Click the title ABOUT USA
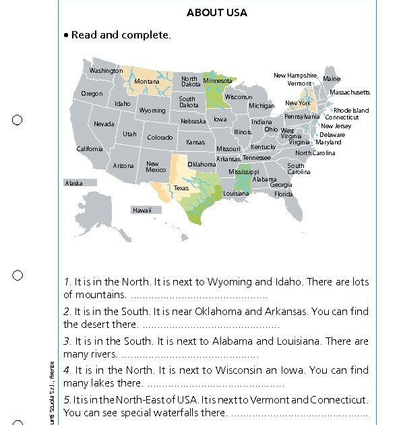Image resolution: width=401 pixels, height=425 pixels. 217,13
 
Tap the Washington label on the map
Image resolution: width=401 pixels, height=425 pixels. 106,71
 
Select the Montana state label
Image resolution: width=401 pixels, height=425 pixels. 147,82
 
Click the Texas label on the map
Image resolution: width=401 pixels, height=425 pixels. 181,188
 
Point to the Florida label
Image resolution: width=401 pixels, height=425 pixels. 284,194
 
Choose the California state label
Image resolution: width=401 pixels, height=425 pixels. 90,149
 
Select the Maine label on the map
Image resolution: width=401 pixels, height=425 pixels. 332,79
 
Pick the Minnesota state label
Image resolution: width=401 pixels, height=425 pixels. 218,81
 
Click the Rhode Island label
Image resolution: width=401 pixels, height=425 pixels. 351,110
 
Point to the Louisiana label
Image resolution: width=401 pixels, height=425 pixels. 236,194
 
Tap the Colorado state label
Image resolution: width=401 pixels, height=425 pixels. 160,138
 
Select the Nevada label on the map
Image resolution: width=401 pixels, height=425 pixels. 104,124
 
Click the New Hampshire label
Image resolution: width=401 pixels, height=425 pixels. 295,76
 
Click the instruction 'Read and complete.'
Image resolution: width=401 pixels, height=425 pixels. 121,35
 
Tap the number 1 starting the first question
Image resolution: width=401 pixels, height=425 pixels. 67,282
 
